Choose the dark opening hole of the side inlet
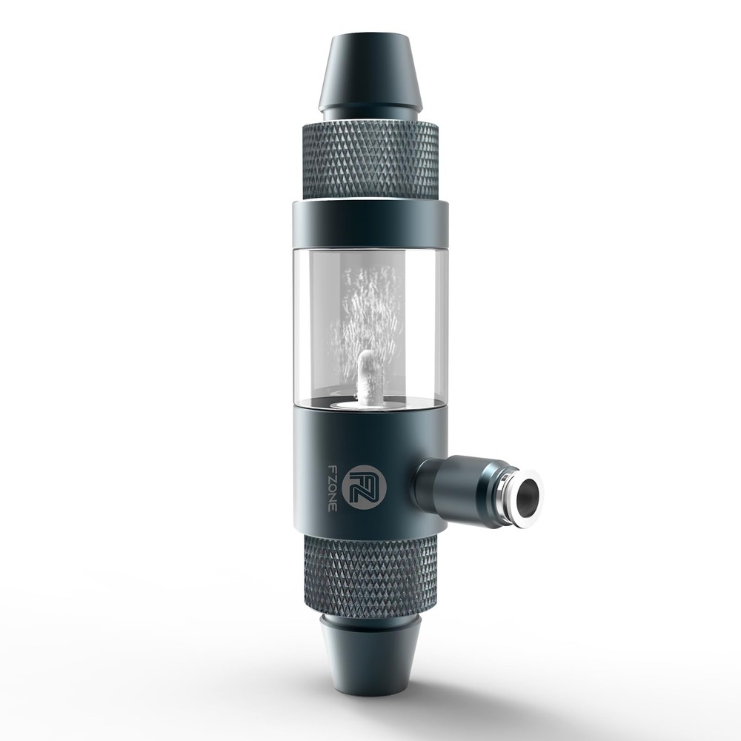[x=528, y=495]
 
